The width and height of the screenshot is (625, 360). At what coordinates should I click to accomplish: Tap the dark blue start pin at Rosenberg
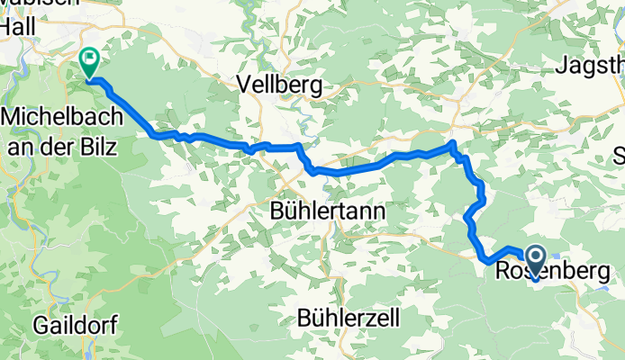536,262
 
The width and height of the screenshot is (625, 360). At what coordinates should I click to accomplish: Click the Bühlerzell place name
348,318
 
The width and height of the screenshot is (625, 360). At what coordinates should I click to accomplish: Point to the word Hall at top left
18,26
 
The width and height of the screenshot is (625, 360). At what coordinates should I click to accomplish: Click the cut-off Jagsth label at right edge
591,66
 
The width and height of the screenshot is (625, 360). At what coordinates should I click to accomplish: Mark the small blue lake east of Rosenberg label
612,290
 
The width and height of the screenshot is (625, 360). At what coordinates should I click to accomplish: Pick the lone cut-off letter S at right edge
619,153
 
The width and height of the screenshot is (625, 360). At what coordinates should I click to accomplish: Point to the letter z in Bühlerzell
379,318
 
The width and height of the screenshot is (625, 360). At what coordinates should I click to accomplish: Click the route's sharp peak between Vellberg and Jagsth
452,144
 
